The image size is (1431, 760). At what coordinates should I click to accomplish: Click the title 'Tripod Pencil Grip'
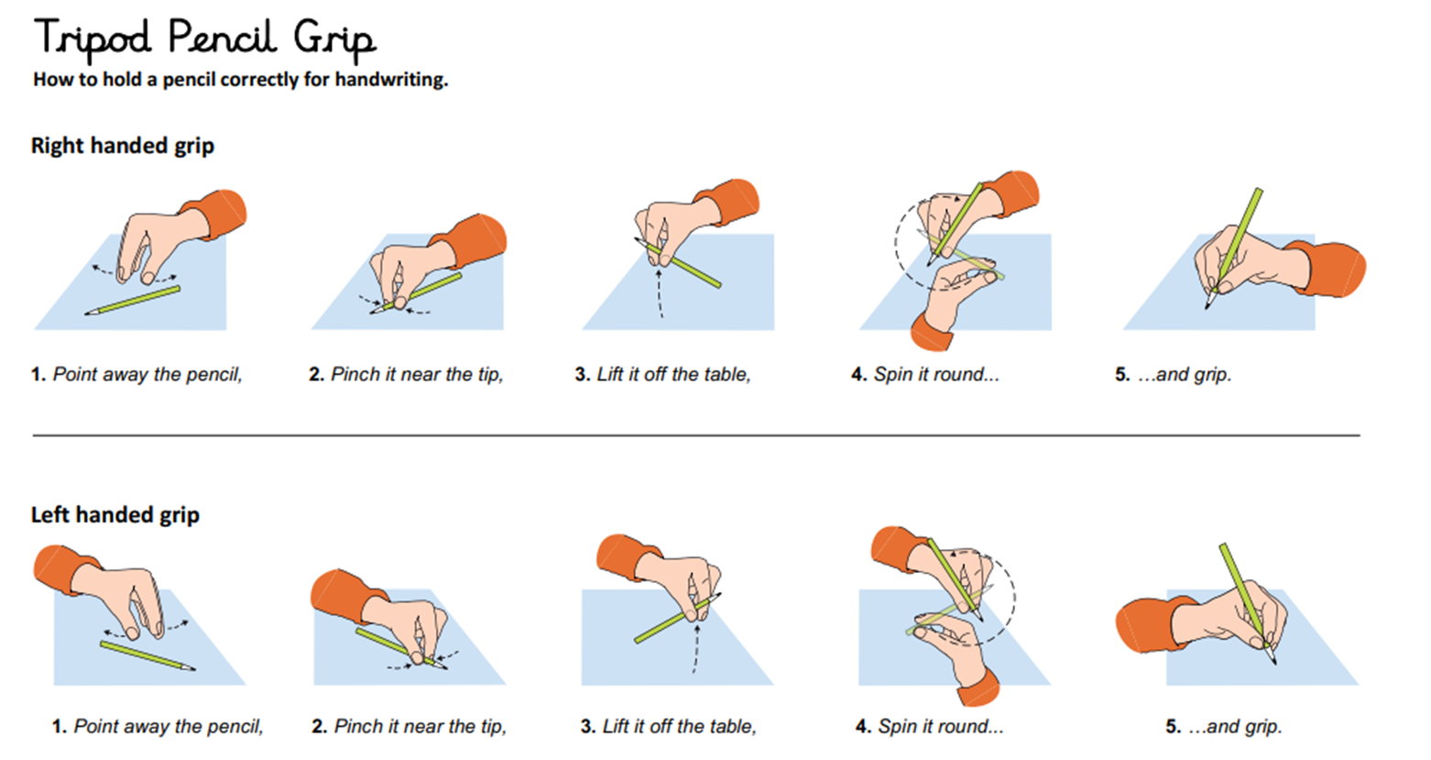click(x=205, y=39)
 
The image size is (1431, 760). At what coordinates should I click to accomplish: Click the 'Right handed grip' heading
click(x=123, y=146)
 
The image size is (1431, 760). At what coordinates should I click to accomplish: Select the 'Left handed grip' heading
click(x=115, y=514)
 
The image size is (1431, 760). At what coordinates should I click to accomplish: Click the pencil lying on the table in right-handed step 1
click(x=132, y=301)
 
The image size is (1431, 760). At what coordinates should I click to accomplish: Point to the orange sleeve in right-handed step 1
click(x=215, y=215)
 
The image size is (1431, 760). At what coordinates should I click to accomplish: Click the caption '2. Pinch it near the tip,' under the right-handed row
click(x=406, y=374)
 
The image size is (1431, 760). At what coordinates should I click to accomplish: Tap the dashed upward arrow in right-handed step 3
click(x=660, y=294)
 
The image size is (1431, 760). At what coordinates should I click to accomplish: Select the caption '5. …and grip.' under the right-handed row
click(x=1173, y=374)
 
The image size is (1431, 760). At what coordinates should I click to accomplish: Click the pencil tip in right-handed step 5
click(x=1207, y=307)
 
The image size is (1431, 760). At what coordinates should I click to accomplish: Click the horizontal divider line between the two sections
click(x=696, y=435)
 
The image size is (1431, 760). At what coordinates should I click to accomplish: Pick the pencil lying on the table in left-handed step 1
click(x=147, y=655)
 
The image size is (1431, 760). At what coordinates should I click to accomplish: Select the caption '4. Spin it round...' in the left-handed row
click(x=930, y=726)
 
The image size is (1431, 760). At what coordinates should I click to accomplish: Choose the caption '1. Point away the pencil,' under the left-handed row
click(x=158, y=726)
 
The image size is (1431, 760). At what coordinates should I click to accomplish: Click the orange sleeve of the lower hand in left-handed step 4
click(x=977, y=688)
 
